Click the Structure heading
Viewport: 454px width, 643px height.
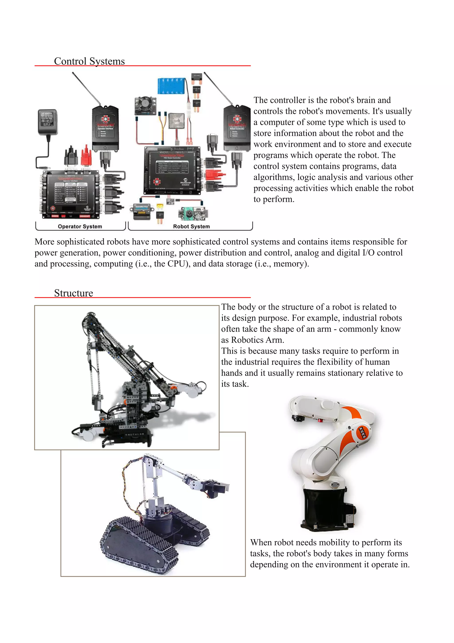pyautogui.click(x=74, y=293)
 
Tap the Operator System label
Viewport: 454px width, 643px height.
pyautogui.click(x=80, y=226)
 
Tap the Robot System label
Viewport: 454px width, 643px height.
pyautogui.click(x=191, y=226)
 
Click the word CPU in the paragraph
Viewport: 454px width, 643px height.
pyautogui.click(x=176, y=264)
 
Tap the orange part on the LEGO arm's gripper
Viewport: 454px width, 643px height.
pyautogui.click(x=174, y=388)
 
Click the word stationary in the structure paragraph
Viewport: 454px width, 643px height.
pyautogui.click(x=351, y=373)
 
